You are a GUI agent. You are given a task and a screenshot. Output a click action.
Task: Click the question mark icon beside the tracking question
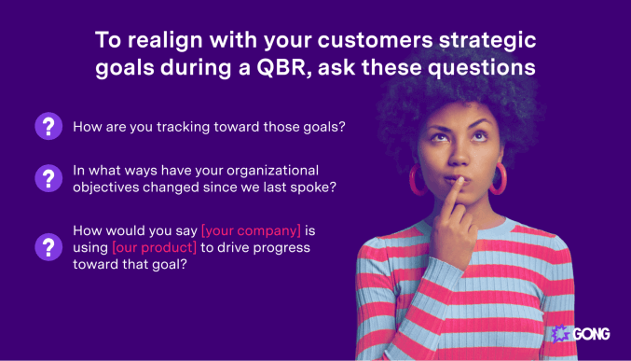tap(48, 127)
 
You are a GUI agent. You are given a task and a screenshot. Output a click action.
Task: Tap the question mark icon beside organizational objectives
tap(48, 178)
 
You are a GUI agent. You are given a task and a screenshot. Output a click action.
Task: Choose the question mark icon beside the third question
tap(48, 246)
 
